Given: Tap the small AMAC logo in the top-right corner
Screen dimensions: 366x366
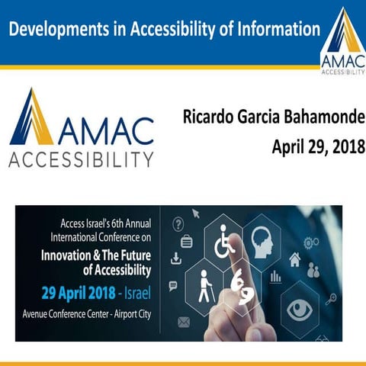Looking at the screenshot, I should tap(342, 42).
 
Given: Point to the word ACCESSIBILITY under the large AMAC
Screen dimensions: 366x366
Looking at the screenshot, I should tap(81, 159).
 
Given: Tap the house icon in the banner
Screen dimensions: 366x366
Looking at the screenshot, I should tap(295, 259).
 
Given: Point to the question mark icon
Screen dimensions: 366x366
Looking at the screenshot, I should tap(178, 223).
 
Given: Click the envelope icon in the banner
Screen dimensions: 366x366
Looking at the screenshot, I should tap(183, 322).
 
